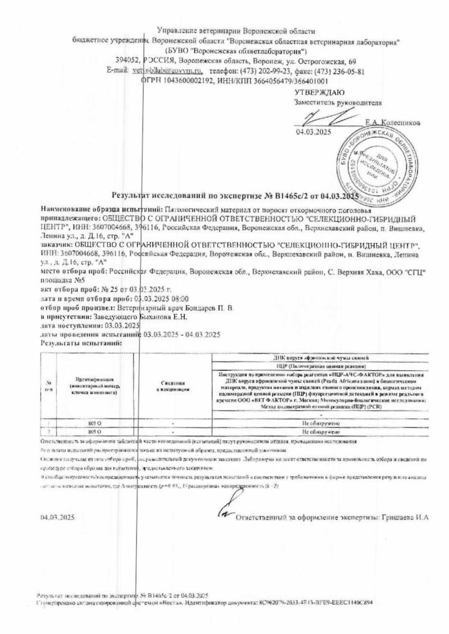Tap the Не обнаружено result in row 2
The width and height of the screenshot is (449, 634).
click(320, 433)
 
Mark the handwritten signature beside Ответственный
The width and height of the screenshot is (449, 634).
click(223, 511)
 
